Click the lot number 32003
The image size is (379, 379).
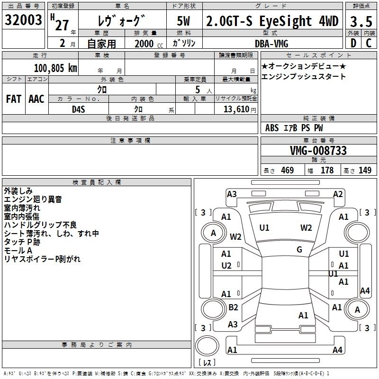[x=23, y=20]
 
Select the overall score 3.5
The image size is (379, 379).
[x=361, y=21]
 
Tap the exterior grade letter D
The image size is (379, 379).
[x=353, y=43]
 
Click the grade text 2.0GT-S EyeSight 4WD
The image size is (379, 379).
[x=273, y=21]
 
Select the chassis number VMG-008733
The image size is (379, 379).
[x=318, y=151]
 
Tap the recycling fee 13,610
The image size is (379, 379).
[x=236, y=108]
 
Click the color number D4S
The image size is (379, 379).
[x=78, y=108]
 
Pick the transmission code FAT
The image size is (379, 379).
[x=14, y=99]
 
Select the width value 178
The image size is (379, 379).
[x=327, y=171]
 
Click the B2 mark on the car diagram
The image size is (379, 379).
[x=233, y=307]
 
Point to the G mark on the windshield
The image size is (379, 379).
[x=299, y=250]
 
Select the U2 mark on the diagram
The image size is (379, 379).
[x=226, y=265]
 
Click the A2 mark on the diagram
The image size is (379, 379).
[x=338, y=194]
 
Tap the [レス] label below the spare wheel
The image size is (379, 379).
[x=207, y=363]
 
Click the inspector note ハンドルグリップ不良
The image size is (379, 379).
[x=40, y=225]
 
